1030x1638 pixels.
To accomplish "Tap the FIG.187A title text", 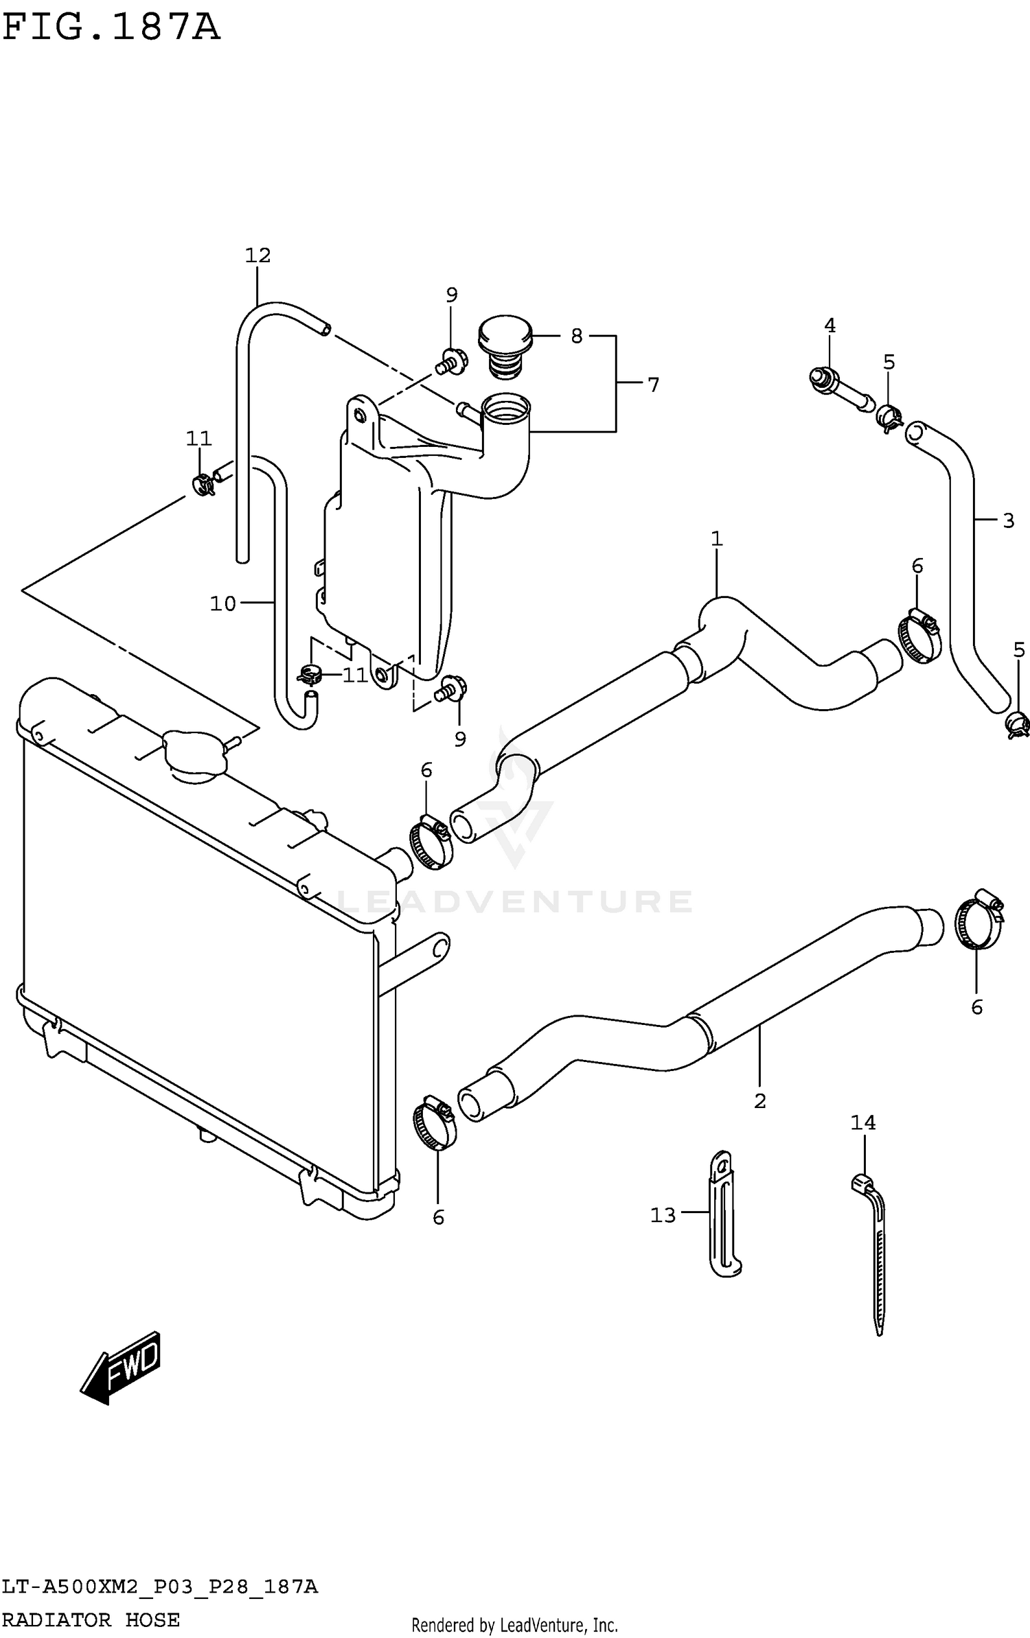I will (x=111, y=29).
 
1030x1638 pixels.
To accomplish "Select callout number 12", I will (x=257, y=255).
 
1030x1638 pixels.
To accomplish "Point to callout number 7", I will (x=652, y=385).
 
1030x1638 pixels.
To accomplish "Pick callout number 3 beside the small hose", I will (x=1007, y=520).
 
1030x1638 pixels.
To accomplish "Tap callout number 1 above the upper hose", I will (x=716, y=539).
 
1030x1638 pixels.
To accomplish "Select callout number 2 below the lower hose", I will (x=759, y=1100).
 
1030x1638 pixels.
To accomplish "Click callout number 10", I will (x=222, y=603).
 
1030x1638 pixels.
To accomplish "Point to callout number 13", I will (x=663, y=1216).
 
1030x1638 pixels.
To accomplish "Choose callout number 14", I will (x=862, y=1122).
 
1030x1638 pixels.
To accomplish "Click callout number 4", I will (x=829, y=325).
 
